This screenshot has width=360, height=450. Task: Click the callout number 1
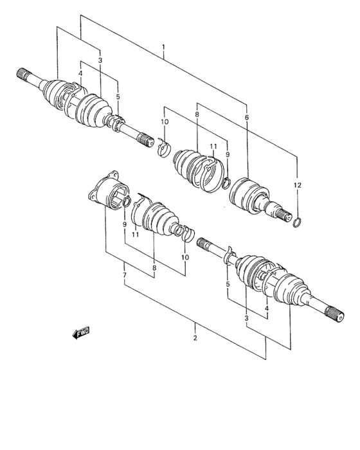[164, 47]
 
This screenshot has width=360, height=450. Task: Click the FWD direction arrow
[81, 333]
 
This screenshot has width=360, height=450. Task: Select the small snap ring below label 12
[297, 222]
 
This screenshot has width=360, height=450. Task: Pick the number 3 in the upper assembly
[100, 60]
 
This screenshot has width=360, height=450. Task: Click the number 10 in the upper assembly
[165, 122]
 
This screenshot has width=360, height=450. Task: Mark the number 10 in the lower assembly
[184, 257]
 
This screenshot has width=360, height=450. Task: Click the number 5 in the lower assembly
[228, 283]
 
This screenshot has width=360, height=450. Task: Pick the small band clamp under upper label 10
[163, 150]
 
